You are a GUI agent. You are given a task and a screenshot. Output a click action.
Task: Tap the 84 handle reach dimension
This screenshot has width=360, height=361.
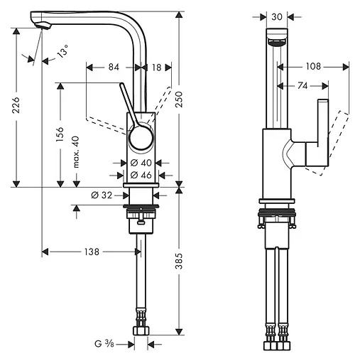(113, 68)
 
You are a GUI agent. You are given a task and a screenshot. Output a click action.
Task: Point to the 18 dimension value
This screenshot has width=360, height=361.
(156, 68)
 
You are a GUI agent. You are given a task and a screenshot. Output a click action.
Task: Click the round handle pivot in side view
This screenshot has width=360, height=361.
(141, 136)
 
